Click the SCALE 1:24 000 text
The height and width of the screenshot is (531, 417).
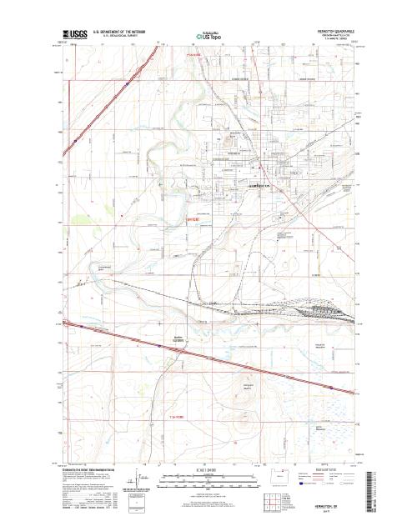[208, 471]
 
